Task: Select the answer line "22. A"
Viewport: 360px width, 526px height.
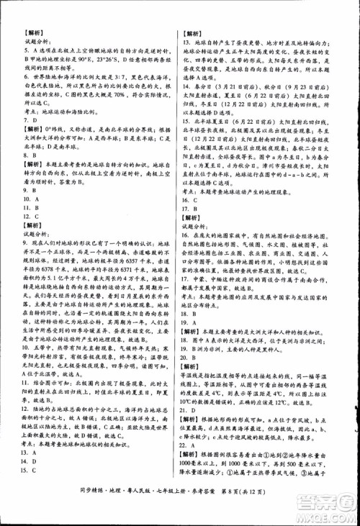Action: (x=189, y=442)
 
